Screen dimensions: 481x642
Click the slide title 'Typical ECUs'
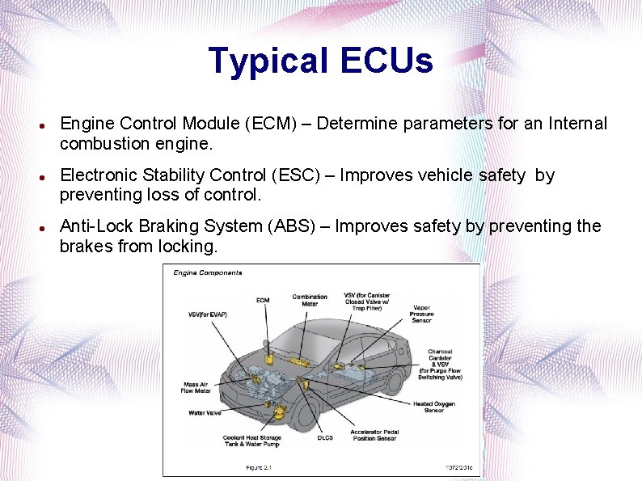click(320, 61)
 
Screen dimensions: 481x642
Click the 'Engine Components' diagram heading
click(208, 273)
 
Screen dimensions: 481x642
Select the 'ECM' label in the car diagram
click(263, 300)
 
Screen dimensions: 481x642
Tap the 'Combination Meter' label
click(310, 300)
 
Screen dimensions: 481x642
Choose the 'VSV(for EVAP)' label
click(206, 314)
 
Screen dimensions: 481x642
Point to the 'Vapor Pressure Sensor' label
click(421, 314)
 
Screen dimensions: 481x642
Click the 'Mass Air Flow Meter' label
click(196, 387)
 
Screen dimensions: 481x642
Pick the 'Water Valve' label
click(205, 412)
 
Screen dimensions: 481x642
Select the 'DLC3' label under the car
click(325, 437)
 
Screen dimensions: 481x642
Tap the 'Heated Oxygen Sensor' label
click(434, 407)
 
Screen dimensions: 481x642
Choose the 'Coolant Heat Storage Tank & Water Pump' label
click(252, 441)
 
